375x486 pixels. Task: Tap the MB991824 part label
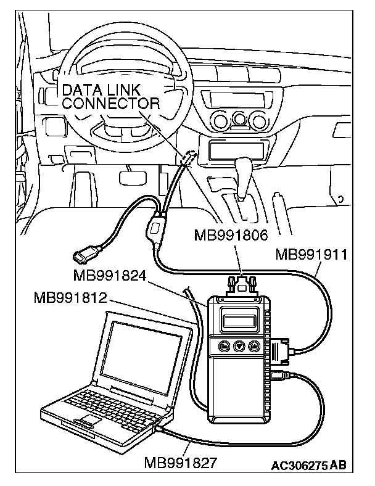click(109, 275)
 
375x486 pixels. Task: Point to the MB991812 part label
click(72, 299)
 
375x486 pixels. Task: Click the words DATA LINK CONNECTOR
click(111, 97)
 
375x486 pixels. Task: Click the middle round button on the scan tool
click(237, 347)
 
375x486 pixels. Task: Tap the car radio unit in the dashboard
click(229, 98)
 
